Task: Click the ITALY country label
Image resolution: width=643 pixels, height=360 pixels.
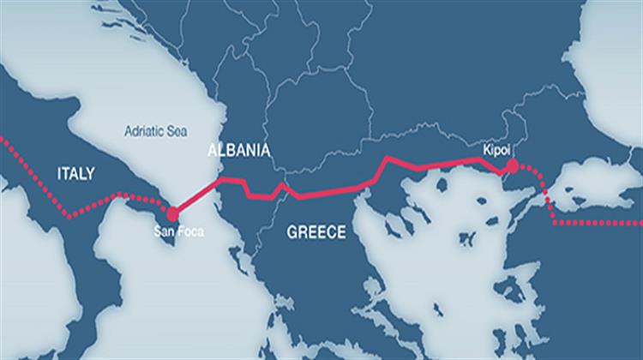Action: click(x=76, y=173)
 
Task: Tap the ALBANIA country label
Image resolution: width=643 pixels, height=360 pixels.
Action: click(x=239, y=151)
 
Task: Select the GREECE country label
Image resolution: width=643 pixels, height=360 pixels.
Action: click(x=316, y=231)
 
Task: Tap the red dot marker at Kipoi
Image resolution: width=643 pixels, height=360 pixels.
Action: click(x=512, y=165)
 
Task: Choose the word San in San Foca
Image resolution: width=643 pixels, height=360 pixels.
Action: click(x=164, y=229)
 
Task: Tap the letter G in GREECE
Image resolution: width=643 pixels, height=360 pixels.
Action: click(x=292, y=231)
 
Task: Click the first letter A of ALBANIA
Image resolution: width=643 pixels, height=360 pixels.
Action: click(x=213, y=151)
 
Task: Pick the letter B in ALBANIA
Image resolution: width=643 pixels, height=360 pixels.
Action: click(x=234, y=151)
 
